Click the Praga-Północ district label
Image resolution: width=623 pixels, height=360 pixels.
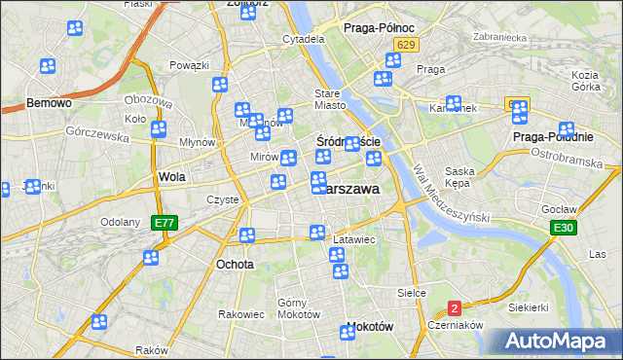[x=379, y=28]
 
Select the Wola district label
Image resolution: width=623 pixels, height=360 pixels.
[x=171, y=177]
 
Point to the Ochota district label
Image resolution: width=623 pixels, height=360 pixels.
[x=236, y=264]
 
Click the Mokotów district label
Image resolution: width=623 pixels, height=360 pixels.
[x=369, y=327]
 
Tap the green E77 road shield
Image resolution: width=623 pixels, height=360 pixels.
[x=165, y=223]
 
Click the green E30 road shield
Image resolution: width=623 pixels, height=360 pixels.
[x=561, y=228]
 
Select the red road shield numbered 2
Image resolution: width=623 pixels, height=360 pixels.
[x=455, y=307]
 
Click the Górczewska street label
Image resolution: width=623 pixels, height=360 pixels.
[x=98, y=136]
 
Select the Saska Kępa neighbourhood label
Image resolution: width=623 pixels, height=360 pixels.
[x=458, y=177]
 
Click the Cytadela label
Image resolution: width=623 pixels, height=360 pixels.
[x=303, y=40]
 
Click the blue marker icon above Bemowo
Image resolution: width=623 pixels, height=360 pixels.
[x=48, y=66]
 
